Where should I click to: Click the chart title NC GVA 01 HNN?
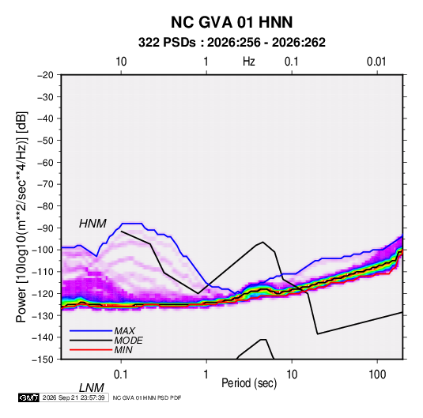click(232, 22)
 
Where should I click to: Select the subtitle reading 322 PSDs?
click(167, 43)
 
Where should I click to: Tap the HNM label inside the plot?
click(93, 224)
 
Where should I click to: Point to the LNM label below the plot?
click(91, 388)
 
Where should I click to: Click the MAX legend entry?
click(124, 330)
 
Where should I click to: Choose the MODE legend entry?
click(128, 341)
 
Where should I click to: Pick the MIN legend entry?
click(123, 350)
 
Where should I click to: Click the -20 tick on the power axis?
click(45, 75)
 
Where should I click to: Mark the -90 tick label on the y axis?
click(45, 228)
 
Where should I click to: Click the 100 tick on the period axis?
click(377, 375)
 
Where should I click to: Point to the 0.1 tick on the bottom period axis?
click(121, 375)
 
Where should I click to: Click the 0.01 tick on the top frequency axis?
click(376, 62)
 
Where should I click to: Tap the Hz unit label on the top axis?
click(249, 62)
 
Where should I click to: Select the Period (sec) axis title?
click(249, 383)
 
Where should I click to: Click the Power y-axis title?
click(21, 217)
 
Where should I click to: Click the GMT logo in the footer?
click(29, 397)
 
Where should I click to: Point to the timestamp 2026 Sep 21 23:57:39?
click(74, 397)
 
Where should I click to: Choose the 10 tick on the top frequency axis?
click(121, 62)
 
